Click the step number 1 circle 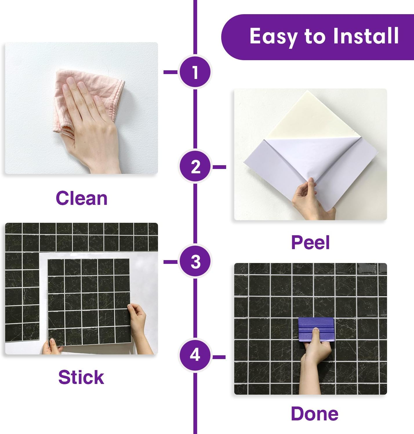[x=195, y=72]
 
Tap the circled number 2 [x=195, y=167]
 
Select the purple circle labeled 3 [x=195, y=262]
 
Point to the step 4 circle [x=195, y=355]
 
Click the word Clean [x=81, y=198]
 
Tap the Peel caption [x=310, y=242]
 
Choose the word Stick [x=81, y=377]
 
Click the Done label [x=315, y=413]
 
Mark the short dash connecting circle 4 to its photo [x=219, y=357]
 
